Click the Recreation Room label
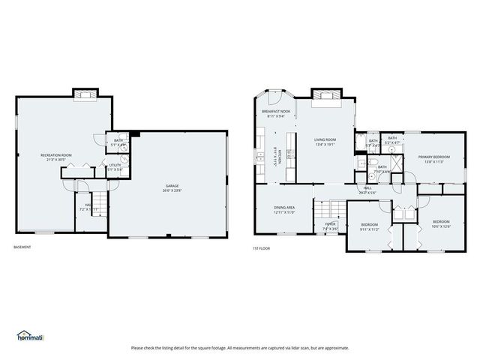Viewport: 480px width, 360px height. tap(55, 157)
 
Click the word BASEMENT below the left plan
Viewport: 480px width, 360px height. tap(23, 247)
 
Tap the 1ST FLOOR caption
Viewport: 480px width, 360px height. tap(262, 247)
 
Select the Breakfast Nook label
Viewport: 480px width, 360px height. tap(275, 113)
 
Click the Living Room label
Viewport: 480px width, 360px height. tap(325, 141)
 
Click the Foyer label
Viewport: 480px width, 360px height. tap(330, 226)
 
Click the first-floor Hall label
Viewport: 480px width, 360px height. tap(367, 190)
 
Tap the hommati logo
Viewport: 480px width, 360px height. tap(31, 336)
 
